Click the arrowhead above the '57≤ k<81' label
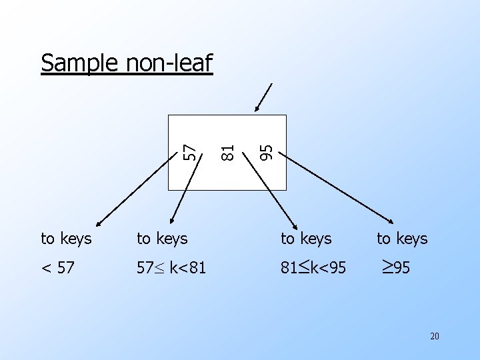pyautogui.click(x=173, y=219)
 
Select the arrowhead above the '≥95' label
pyautogui.click(x=393, y=222)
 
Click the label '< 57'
pyautogui.click(x=58, y=268)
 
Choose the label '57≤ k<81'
pyautogui.click(x=171, y=268)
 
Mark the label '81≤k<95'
pyautogui.click(x=313, y=268)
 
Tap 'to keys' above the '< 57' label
pyautogui.click(x=66, y=239)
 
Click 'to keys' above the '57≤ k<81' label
pyautogui.click(x=162, y=239)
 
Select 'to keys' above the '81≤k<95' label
pyautogui.click(x=306, y=239)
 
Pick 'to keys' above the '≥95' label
pyautogui.click(x=402, y=239)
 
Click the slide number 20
pyautogui.click(x=434, y=336)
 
